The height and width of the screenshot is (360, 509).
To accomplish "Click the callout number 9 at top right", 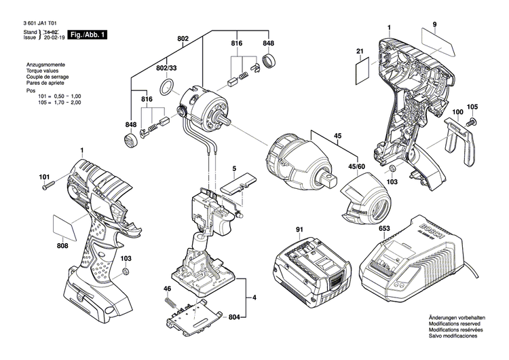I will [434, 25].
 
